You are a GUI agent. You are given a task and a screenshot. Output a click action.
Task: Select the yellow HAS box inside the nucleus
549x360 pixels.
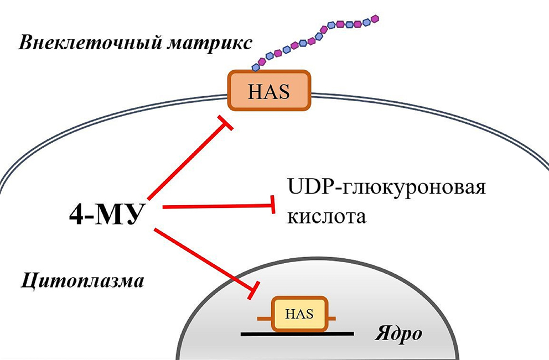click(x=299, y=315)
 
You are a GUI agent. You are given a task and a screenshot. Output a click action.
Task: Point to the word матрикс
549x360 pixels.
click(x=205, y=44)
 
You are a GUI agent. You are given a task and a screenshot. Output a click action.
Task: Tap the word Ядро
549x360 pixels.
click(x=400, y=334)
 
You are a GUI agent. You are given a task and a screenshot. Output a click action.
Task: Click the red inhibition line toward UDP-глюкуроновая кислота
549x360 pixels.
click(x=216, y=207)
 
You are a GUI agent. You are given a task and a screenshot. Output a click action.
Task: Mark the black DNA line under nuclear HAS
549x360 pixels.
click(x=298, y=334)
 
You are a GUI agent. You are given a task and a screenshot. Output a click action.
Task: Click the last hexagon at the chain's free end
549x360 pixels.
click(x=376, y=18)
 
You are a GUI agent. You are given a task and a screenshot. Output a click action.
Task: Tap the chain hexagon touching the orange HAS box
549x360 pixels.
click(x=255, y=67)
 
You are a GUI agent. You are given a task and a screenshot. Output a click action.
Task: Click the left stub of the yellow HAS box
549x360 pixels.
click(x=265, y=319)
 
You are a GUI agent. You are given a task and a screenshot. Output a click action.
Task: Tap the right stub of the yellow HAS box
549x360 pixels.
click(x=334, y=319)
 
